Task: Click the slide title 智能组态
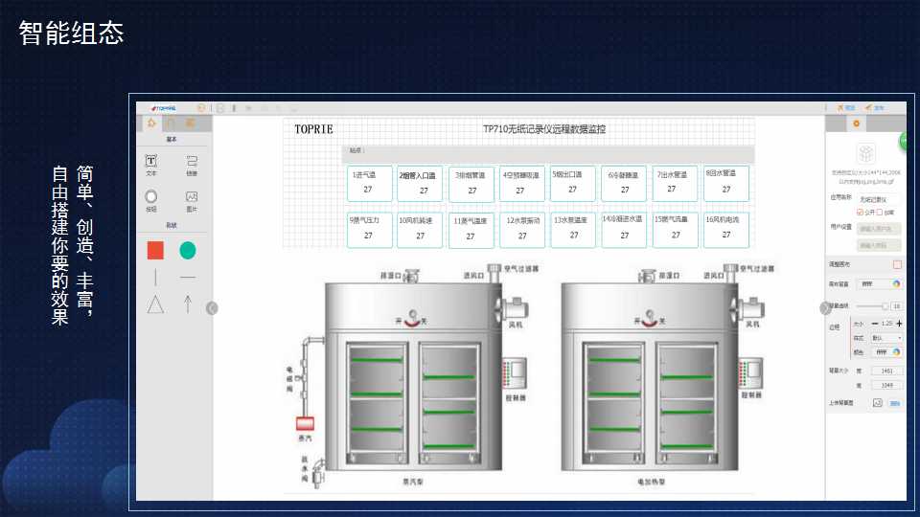pyautogui.click(x=72, y=34)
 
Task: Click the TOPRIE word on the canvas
pyautogui.click(x=313, y=128)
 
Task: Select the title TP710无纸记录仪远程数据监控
pyautogui.click(x=544, y=128)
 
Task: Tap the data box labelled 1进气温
pyautogui.click(x=368, y=183)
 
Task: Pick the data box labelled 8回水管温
pyautogui.click(x=725, y=182)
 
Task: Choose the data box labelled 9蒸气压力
pyautogui.click(x=368, y=228)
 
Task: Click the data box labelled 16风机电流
pyautogui.click(x=725, y=228)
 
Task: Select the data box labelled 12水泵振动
pyautogui.click(x=522, y=229)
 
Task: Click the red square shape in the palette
pyautogui.click(x=155, y=250)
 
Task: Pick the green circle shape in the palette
pyautogui.click(x=188, y=250)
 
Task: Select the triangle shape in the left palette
pyautogui.click(x=155, y=304)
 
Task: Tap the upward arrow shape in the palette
pyautogui.click(x=188, y=304)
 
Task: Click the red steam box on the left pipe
pyautogui.click(x=307, y=423)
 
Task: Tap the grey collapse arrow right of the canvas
pyautogui.click(x=825, y=307)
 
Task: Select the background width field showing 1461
pyautogui.click(x=886, y=370)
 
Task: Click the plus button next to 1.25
pyautogui.click(x=899, y=324)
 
